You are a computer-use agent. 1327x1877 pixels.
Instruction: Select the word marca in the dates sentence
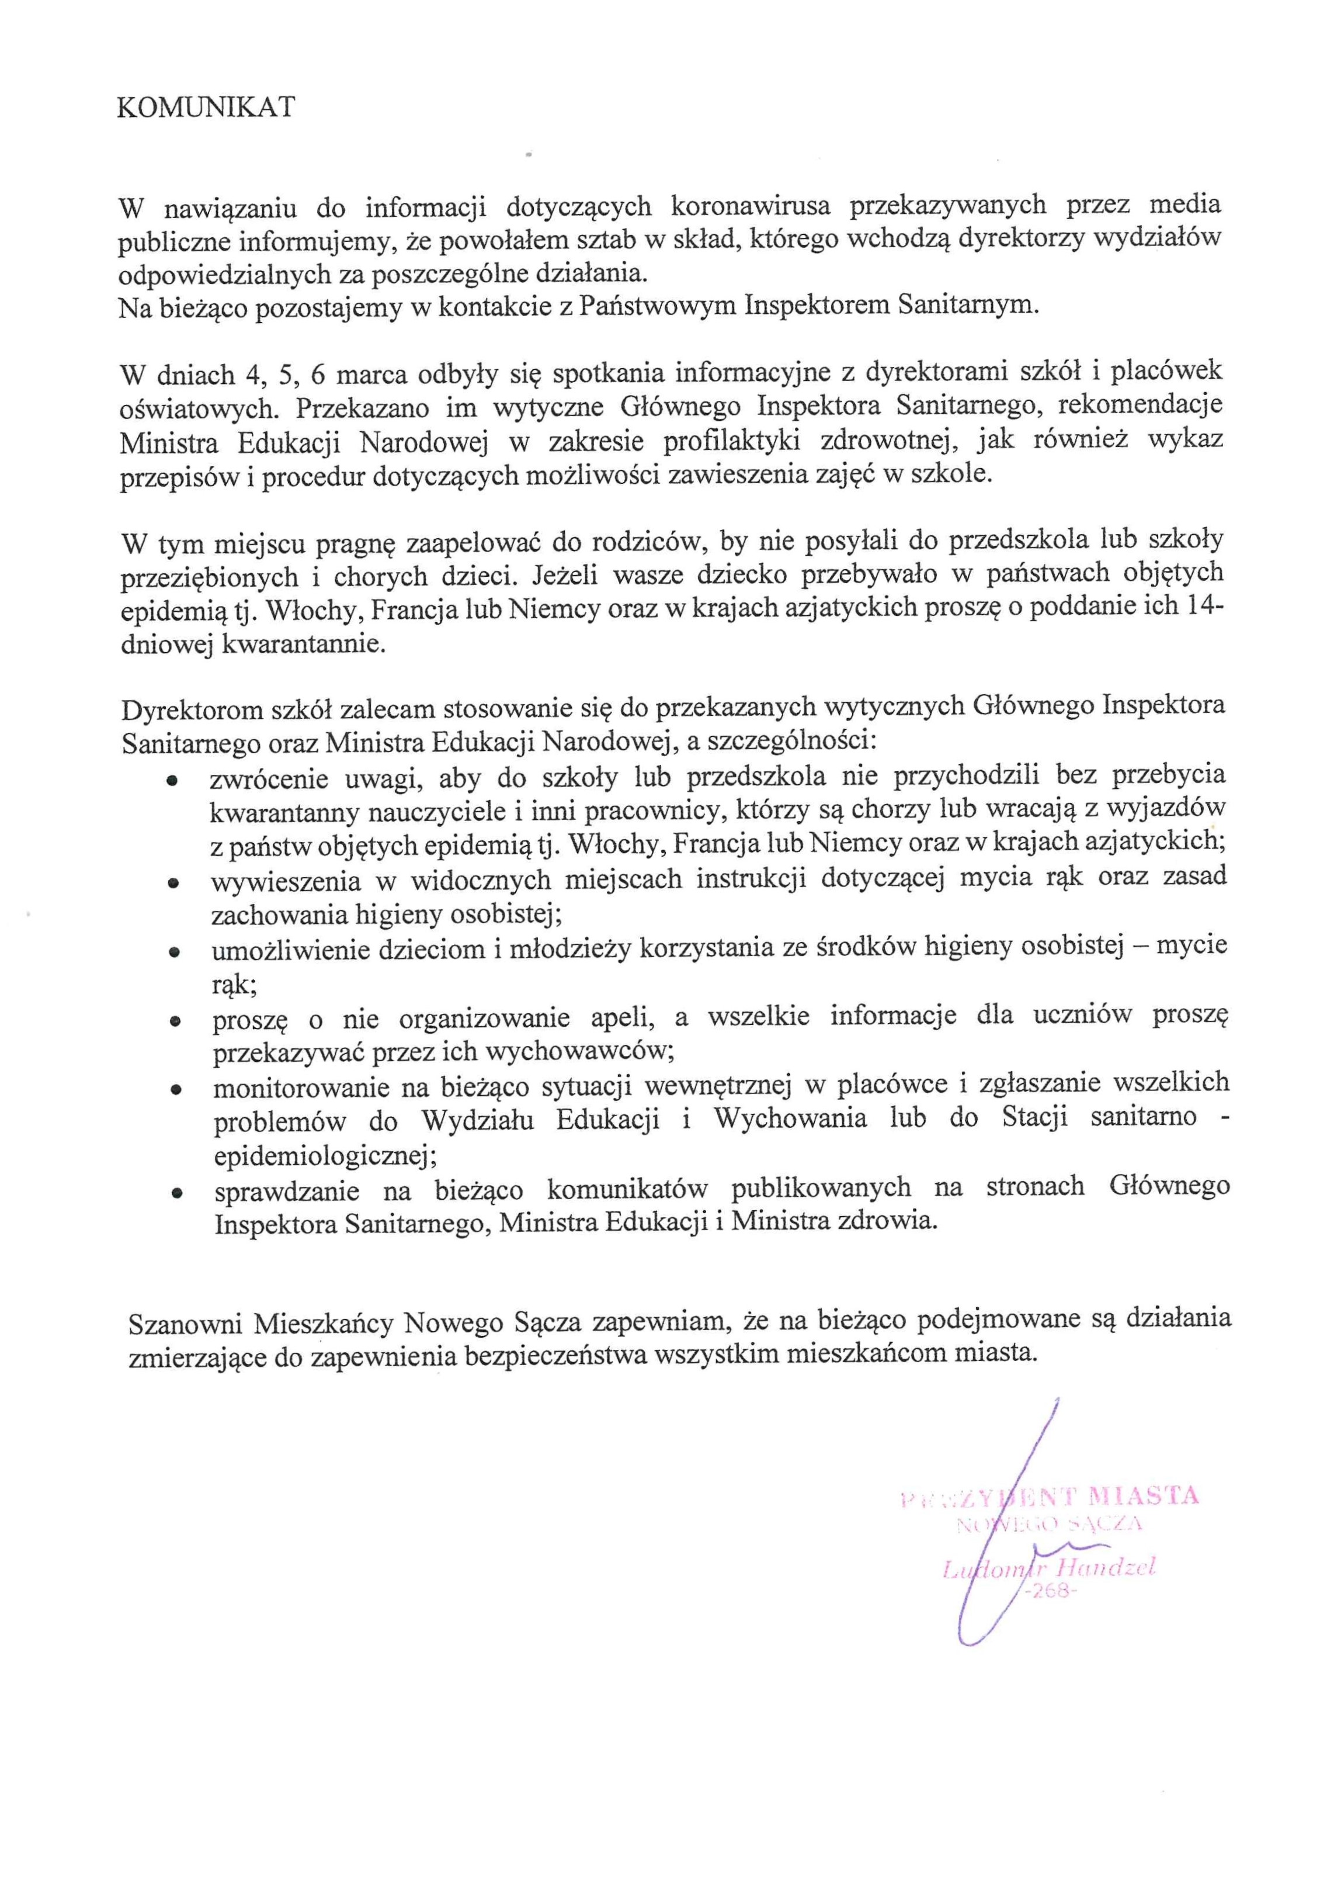click(x=372, y=375)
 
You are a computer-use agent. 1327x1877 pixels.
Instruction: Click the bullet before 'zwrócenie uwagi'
click(x=172, y=781)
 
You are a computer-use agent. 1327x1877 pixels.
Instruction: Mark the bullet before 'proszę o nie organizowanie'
click(x=174, y=1021)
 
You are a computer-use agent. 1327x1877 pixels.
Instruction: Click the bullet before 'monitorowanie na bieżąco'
click(x=175, y=1090)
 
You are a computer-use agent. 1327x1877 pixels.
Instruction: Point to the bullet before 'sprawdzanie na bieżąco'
click(x=176, y=1193)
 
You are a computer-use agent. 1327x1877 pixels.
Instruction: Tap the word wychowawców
click(x=579, y=1052)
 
